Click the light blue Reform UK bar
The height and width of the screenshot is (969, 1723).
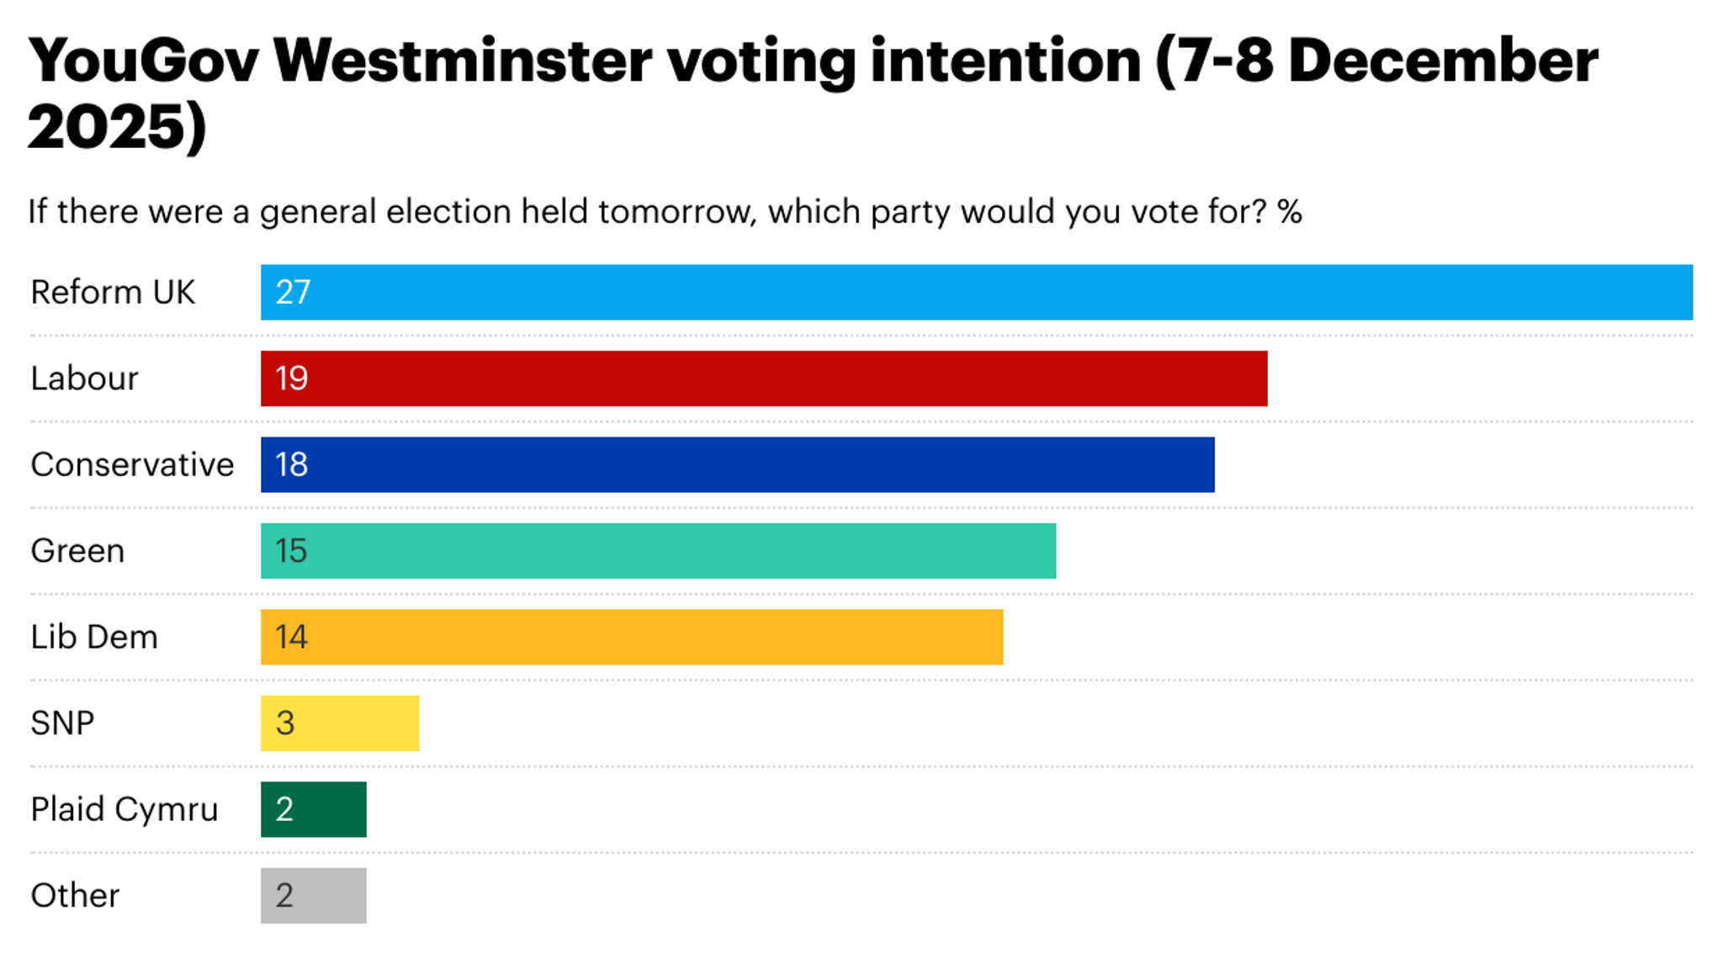click(x=976, y=292)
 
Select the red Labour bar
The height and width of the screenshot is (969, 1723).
click(x=764, y=379)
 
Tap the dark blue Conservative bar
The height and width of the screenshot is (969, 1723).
click(x=737, y=464)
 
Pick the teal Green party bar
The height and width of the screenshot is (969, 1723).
click(x=658, y=551)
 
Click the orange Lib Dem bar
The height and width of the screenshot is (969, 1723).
click(x=631, y=637)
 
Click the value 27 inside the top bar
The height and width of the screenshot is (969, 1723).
click(x=293, y=292)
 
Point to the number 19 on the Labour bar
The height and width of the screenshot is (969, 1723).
click(x=291, y=379)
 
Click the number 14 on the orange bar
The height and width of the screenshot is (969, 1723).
click(x=291, y=637)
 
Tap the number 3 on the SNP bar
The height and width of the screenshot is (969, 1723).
click(x=285, y=723)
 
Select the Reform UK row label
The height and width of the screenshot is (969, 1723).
click(x=113, y=293)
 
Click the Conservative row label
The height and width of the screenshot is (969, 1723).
click(x=132, y=464)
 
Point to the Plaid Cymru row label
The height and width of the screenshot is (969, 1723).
click(x=125, y=809)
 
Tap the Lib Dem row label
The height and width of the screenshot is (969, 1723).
click(x=94, y=637)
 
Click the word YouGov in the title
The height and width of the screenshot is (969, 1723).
click(x=143, y=61)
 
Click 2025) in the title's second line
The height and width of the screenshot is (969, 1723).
click(x=116, y=127)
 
